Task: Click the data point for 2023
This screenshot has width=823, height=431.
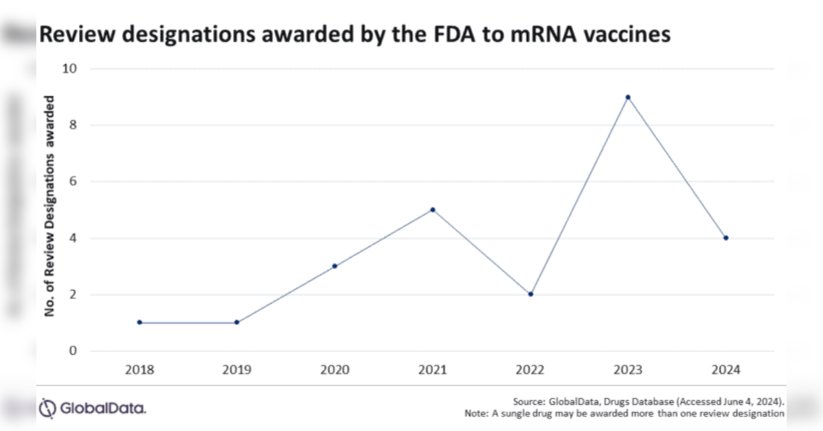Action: point(627,97)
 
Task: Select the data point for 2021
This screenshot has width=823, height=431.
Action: point(432,210)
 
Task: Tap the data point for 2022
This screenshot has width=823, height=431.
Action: point(531,294)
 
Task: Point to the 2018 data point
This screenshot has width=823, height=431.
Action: point(139,322)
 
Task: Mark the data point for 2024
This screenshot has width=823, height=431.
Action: point(726,238)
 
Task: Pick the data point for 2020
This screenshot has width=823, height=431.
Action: point(334,266)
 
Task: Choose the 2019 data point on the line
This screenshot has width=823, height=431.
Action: point(237,322)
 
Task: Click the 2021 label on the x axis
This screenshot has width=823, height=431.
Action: point(432,370)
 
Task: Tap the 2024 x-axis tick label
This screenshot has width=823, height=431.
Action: point(726,370)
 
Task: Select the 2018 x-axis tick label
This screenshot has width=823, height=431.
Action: point(139,370)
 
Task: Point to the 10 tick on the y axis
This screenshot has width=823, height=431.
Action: point(71,69)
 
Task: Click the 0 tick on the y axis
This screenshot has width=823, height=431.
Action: point(74,351)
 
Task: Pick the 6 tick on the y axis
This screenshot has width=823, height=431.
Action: point(74,182)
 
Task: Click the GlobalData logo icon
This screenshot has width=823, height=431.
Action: point(47,408)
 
